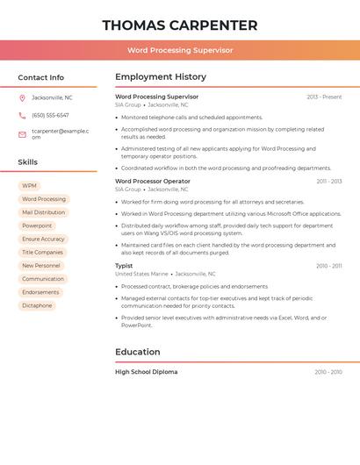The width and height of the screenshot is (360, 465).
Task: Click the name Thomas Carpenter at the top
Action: coord(180,25)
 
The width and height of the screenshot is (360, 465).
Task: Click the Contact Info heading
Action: coord(41,77)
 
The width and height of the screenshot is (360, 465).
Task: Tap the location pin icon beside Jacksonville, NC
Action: coord(22,97)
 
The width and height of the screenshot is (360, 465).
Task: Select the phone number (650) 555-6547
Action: coord(50,115)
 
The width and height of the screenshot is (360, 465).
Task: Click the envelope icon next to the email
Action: coord(22,134)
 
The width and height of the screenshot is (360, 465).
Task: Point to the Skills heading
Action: coord(28,161)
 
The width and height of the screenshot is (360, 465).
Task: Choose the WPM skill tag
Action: coord(30,186)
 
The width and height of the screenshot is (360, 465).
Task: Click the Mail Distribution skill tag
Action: coord(43,212)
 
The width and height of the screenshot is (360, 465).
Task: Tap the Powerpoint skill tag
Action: coord(37,225)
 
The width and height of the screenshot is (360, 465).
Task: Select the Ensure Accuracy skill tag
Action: coord(43,239)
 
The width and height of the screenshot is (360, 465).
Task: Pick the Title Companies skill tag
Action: coord(42,252)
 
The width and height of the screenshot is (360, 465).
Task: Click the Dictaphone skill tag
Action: coord(37,305)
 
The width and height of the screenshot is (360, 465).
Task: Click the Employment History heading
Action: coord(161,76)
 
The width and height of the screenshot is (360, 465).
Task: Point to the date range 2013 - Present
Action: coord(324,97)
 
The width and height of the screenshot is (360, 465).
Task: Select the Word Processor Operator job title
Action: coord(153,181)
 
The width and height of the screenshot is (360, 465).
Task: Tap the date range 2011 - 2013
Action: coord(329,181)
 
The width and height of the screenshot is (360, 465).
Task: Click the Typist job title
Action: coord(124,265)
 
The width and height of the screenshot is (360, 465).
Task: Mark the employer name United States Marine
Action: coord(141,274)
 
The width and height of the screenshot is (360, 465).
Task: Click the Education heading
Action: coord(138,352)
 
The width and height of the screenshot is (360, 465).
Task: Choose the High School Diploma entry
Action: coord(146,372)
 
